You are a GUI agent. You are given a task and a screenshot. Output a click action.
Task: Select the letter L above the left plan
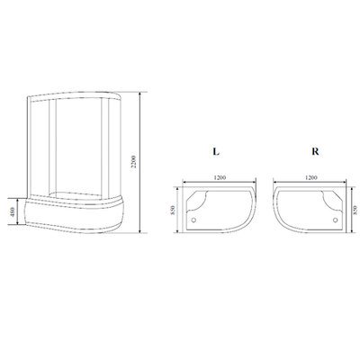(217, 154)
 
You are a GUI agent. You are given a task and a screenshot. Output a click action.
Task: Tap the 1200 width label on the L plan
(220, 177)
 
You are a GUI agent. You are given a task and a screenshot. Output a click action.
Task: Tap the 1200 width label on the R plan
(312, 177)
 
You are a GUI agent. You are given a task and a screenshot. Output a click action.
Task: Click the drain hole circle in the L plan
(197, 217)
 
